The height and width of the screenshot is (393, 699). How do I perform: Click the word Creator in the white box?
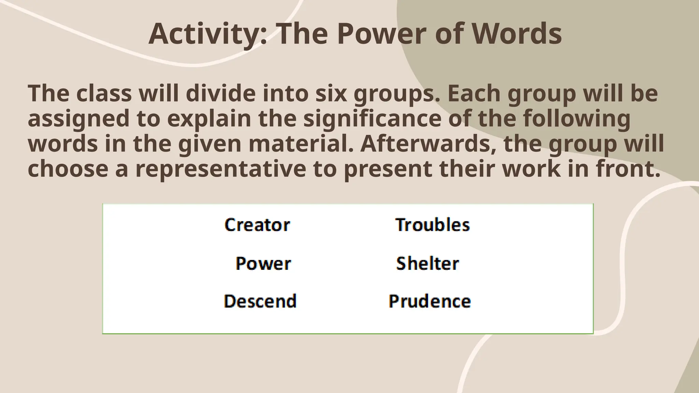tap(257, 225)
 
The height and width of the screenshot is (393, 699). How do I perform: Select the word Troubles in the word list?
tap(432, 225)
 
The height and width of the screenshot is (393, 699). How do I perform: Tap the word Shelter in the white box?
tap(427, 263)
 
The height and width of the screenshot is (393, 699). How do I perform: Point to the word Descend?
tap(260, 301)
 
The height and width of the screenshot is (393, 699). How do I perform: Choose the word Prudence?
tap(430, 301)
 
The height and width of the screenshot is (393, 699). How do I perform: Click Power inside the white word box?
tap(263, 263)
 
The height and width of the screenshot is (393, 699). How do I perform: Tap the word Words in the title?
tap(516, 34)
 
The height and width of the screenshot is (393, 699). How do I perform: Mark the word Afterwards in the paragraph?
tap(428, 144)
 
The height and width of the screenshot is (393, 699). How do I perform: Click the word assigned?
tap(79, 119)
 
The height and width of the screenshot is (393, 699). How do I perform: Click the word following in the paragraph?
tap(576, 119)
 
